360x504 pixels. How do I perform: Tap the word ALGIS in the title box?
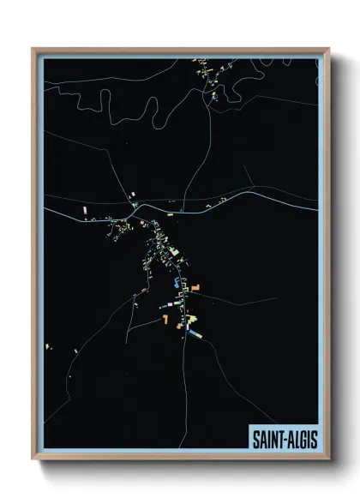pos(299,437)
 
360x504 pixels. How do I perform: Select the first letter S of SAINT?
pos(255,437)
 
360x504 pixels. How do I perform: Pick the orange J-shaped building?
pos(165,319)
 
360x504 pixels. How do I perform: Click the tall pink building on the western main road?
pos(84,210)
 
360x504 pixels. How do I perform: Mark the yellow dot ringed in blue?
pos(134,205)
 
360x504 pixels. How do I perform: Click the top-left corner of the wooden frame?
pos(33,49)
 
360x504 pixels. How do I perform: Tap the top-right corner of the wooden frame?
pos(329,49)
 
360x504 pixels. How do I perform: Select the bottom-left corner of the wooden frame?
pos(33,460)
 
